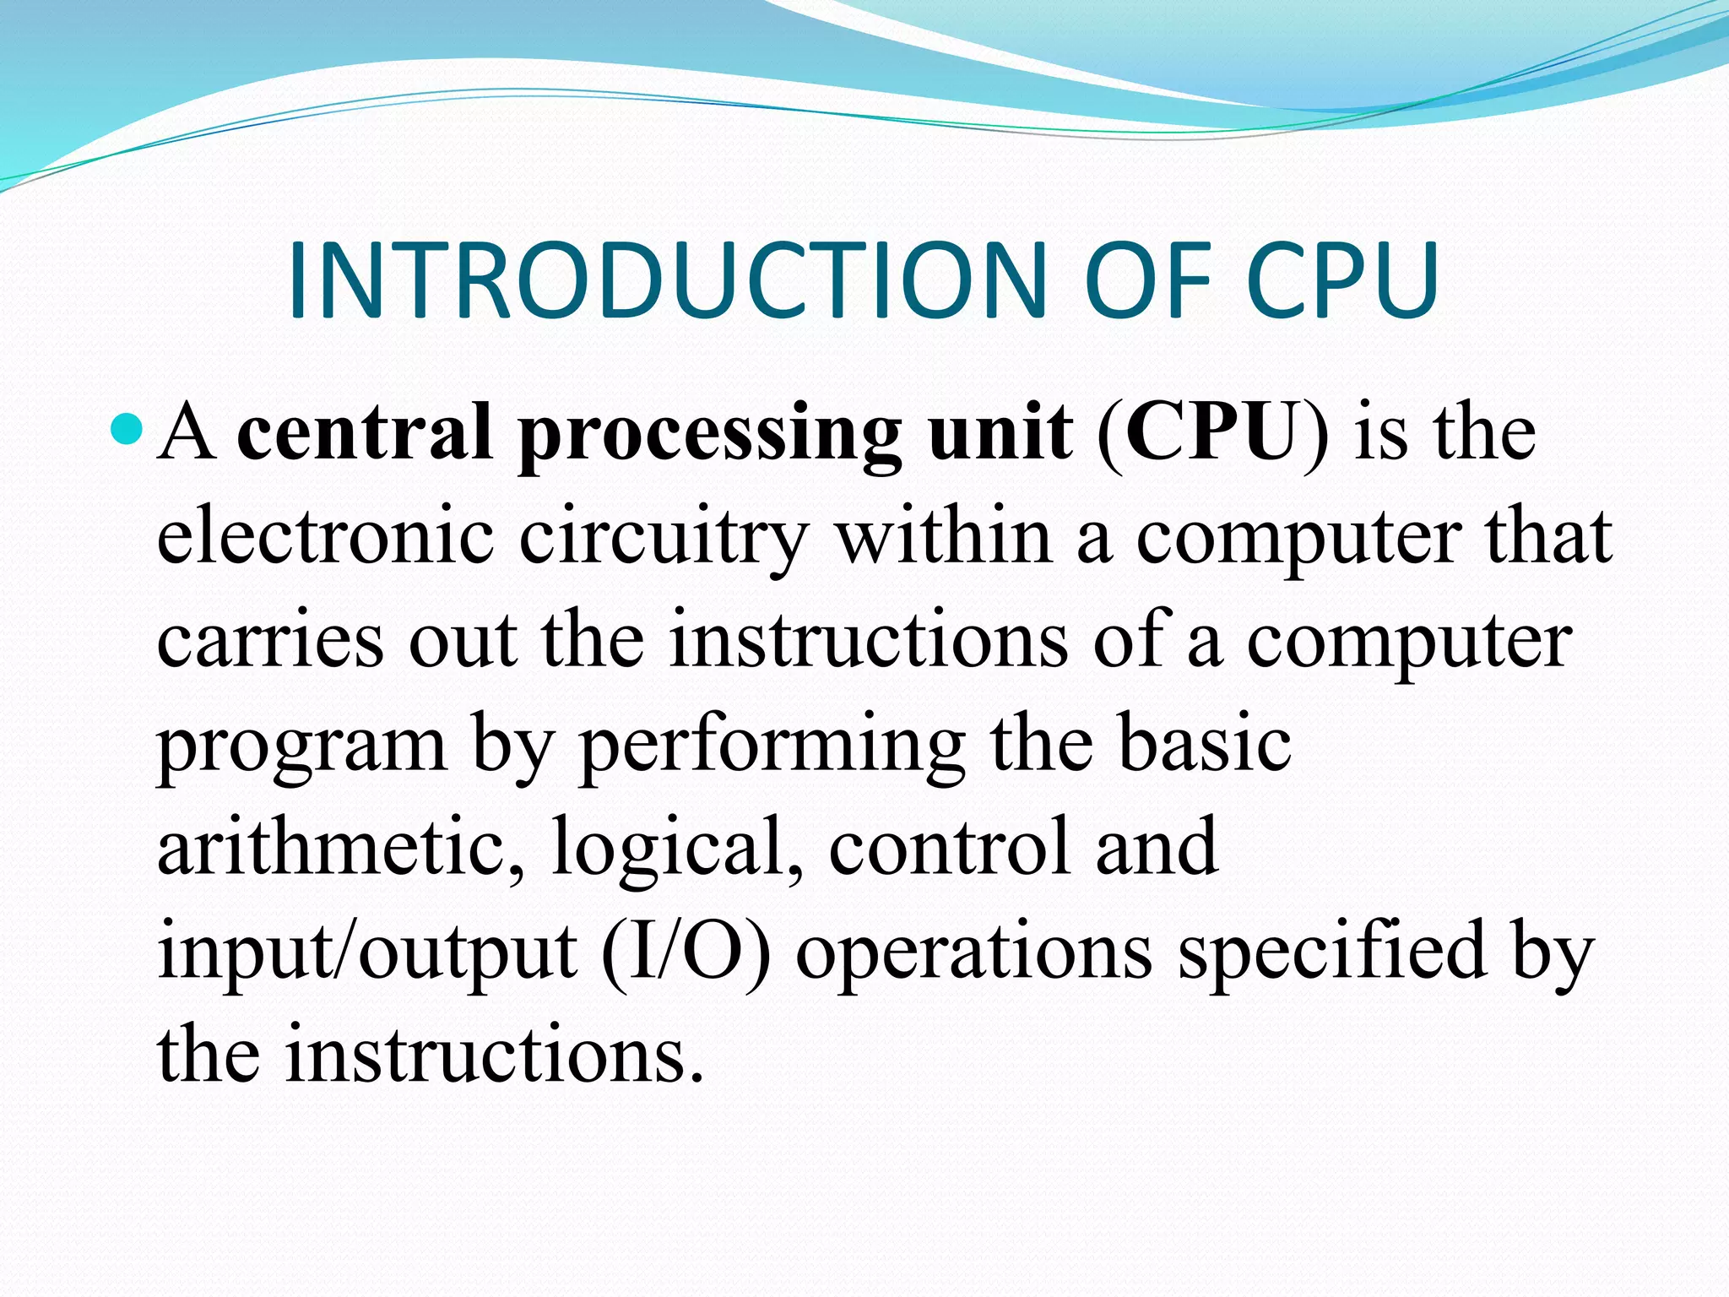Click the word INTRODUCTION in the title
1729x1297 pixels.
(x=667, y=281)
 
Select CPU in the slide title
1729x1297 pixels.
(x=1342, y=281)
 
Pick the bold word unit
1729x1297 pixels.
(x=1000, y=432)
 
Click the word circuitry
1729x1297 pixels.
(x=664, y=540)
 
